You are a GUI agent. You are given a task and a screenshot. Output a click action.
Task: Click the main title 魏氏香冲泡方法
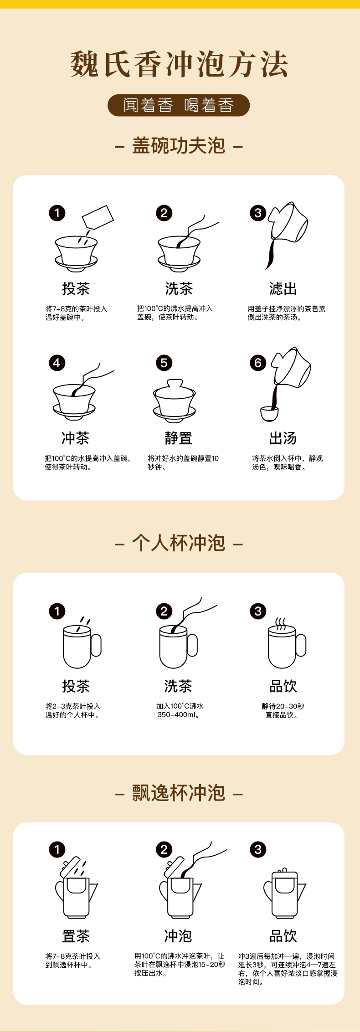180,64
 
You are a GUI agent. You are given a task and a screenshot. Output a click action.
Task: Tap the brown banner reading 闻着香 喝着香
179,105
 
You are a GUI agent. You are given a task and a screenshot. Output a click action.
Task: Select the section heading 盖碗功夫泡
179,146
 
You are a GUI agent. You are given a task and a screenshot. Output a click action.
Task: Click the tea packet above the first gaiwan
98,217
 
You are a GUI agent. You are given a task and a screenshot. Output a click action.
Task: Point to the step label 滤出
283,288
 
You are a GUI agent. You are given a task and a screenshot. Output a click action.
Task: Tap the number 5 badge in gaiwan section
164,363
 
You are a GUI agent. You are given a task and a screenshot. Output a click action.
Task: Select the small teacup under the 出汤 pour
269,414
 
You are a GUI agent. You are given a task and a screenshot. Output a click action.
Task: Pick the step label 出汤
283,438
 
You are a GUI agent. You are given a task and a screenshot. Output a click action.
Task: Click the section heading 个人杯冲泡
179,543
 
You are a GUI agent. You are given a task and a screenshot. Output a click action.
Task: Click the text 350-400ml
178,715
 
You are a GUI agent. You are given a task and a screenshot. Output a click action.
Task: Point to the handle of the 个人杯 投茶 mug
96,645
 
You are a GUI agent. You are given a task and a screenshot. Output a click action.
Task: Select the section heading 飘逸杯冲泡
179,793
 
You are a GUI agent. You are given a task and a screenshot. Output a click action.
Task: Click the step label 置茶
76,936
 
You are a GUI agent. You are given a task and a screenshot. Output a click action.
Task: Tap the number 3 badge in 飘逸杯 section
258,849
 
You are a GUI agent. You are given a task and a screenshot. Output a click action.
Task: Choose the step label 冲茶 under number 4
76,438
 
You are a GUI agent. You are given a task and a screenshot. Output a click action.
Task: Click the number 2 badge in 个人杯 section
164,611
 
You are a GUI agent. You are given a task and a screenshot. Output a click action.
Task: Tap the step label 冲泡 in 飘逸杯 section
178,936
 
